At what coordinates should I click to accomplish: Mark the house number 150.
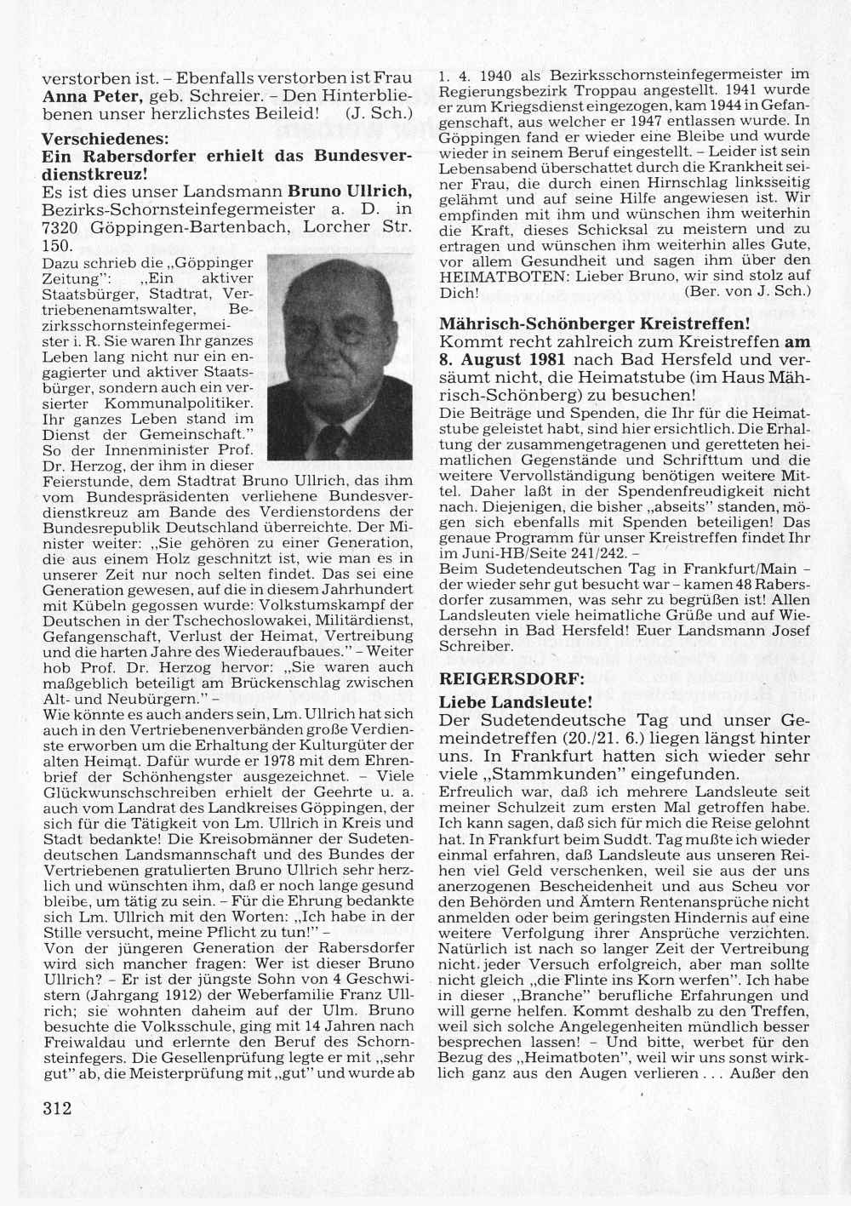coord(58,245)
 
